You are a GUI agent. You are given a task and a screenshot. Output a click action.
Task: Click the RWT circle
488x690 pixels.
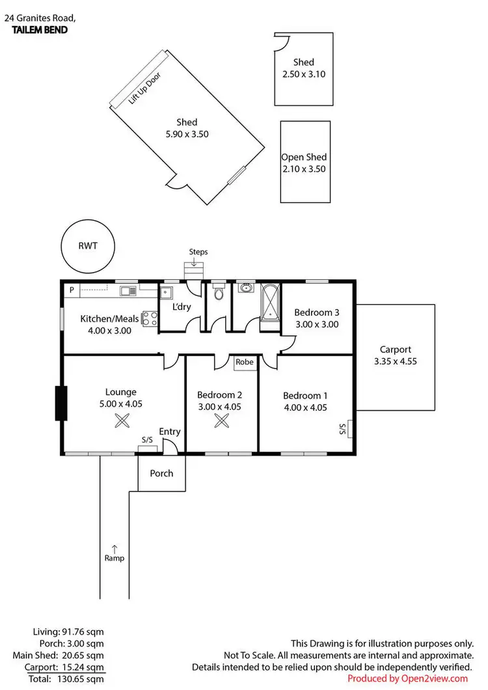coord(87,247)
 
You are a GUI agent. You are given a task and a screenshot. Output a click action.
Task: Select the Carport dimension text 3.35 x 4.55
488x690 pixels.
coord(396,361)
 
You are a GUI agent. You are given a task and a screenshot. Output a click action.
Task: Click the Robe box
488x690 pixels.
coord(245,362)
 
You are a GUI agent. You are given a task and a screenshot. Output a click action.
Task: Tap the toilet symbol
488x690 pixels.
coord(219,294)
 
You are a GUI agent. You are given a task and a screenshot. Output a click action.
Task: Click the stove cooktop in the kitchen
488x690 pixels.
coord(150,319)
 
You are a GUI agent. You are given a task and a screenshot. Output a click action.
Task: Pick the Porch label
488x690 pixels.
coord(161,473)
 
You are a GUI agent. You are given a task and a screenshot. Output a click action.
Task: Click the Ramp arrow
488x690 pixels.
coord(115,547)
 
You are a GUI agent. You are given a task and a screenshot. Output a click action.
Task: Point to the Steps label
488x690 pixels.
coord(198,251)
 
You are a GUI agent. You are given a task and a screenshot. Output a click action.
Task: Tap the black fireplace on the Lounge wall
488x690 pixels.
coord(61,404)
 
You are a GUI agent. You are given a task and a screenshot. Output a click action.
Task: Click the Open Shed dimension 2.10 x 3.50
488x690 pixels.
coord(303,169)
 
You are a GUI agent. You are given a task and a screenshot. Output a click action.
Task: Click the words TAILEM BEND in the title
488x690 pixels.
coord(40,30)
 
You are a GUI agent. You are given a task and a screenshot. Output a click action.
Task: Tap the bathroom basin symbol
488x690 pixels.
coord(247,288)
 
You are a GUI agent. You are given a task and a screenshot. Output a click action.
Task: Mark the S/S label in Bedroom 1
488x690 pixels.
coord(342,429)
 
